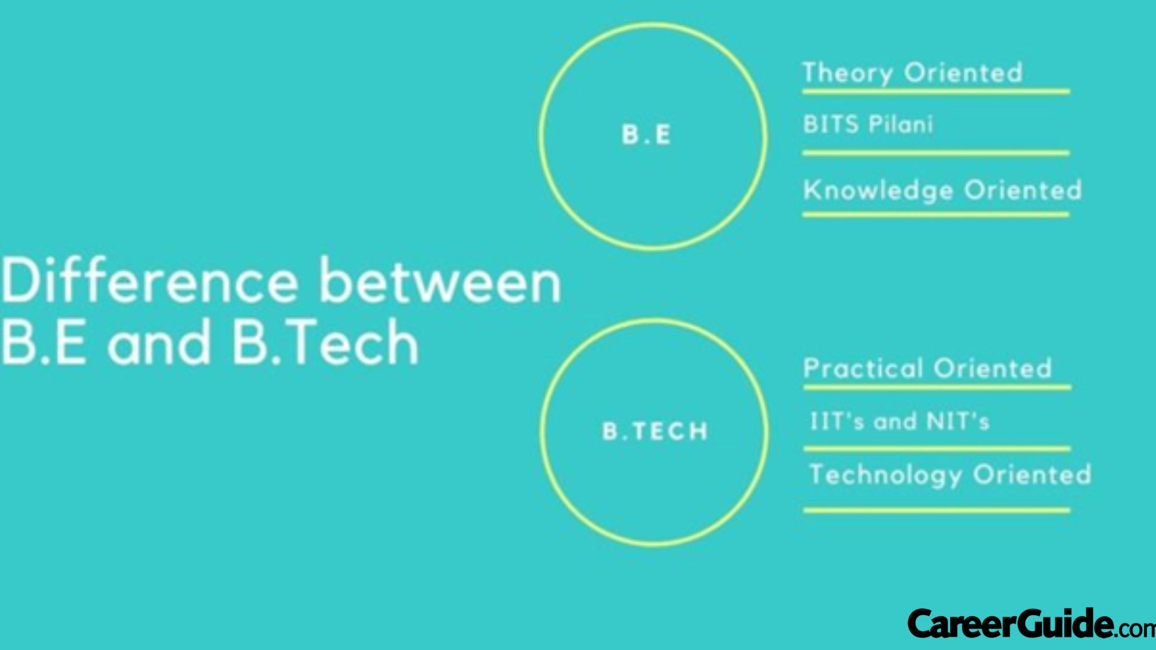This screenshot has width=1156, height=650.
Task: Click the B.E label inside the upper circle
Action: click(646, 134)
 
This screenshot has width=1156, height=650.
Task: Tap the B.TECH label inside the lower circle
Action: click(655, 431)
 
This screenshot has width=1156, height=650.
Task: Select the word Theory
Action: click(848, 73)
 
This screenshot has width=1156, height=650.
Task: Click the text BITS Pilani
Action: click(868, 124)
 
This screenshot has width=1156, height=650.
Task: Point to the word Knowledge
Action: click(878, 190)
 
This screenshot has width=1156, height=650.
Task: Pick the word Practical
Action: click(863, 368)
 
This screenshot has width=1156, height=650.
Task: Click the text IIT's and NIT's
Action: click(900, 421)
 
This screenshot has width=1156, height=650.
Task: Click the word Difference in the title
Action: click(150, 282)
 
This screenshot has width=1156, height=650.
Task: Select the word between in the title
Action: click(440, 282)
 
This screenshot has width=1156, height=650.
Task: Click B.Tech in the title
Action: click(325, 343)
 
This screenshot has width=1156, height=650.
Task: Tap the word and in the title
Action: click(159, 343)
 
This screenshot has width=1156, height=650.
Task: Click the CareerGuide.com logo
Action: click(1030, 624)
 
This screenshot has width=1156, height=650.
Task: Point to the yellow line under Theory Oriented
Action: click(936, 91)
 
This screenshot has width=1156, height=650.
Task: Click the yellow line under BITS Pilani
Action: click(936, 153)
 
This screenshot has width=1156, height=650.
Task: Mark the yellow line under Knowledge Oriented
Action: click(936, 214)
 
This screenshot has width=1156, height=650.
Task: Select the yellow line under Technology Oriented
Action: click(936, 510)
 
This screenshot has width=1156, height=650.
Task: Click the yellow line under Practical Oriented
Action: click(936, 387)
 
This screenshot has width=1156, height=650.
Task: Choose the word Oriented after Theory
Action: click(963, 73)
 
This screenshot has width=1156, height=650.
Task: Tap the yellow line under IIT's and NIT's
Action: click(936, 448)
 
